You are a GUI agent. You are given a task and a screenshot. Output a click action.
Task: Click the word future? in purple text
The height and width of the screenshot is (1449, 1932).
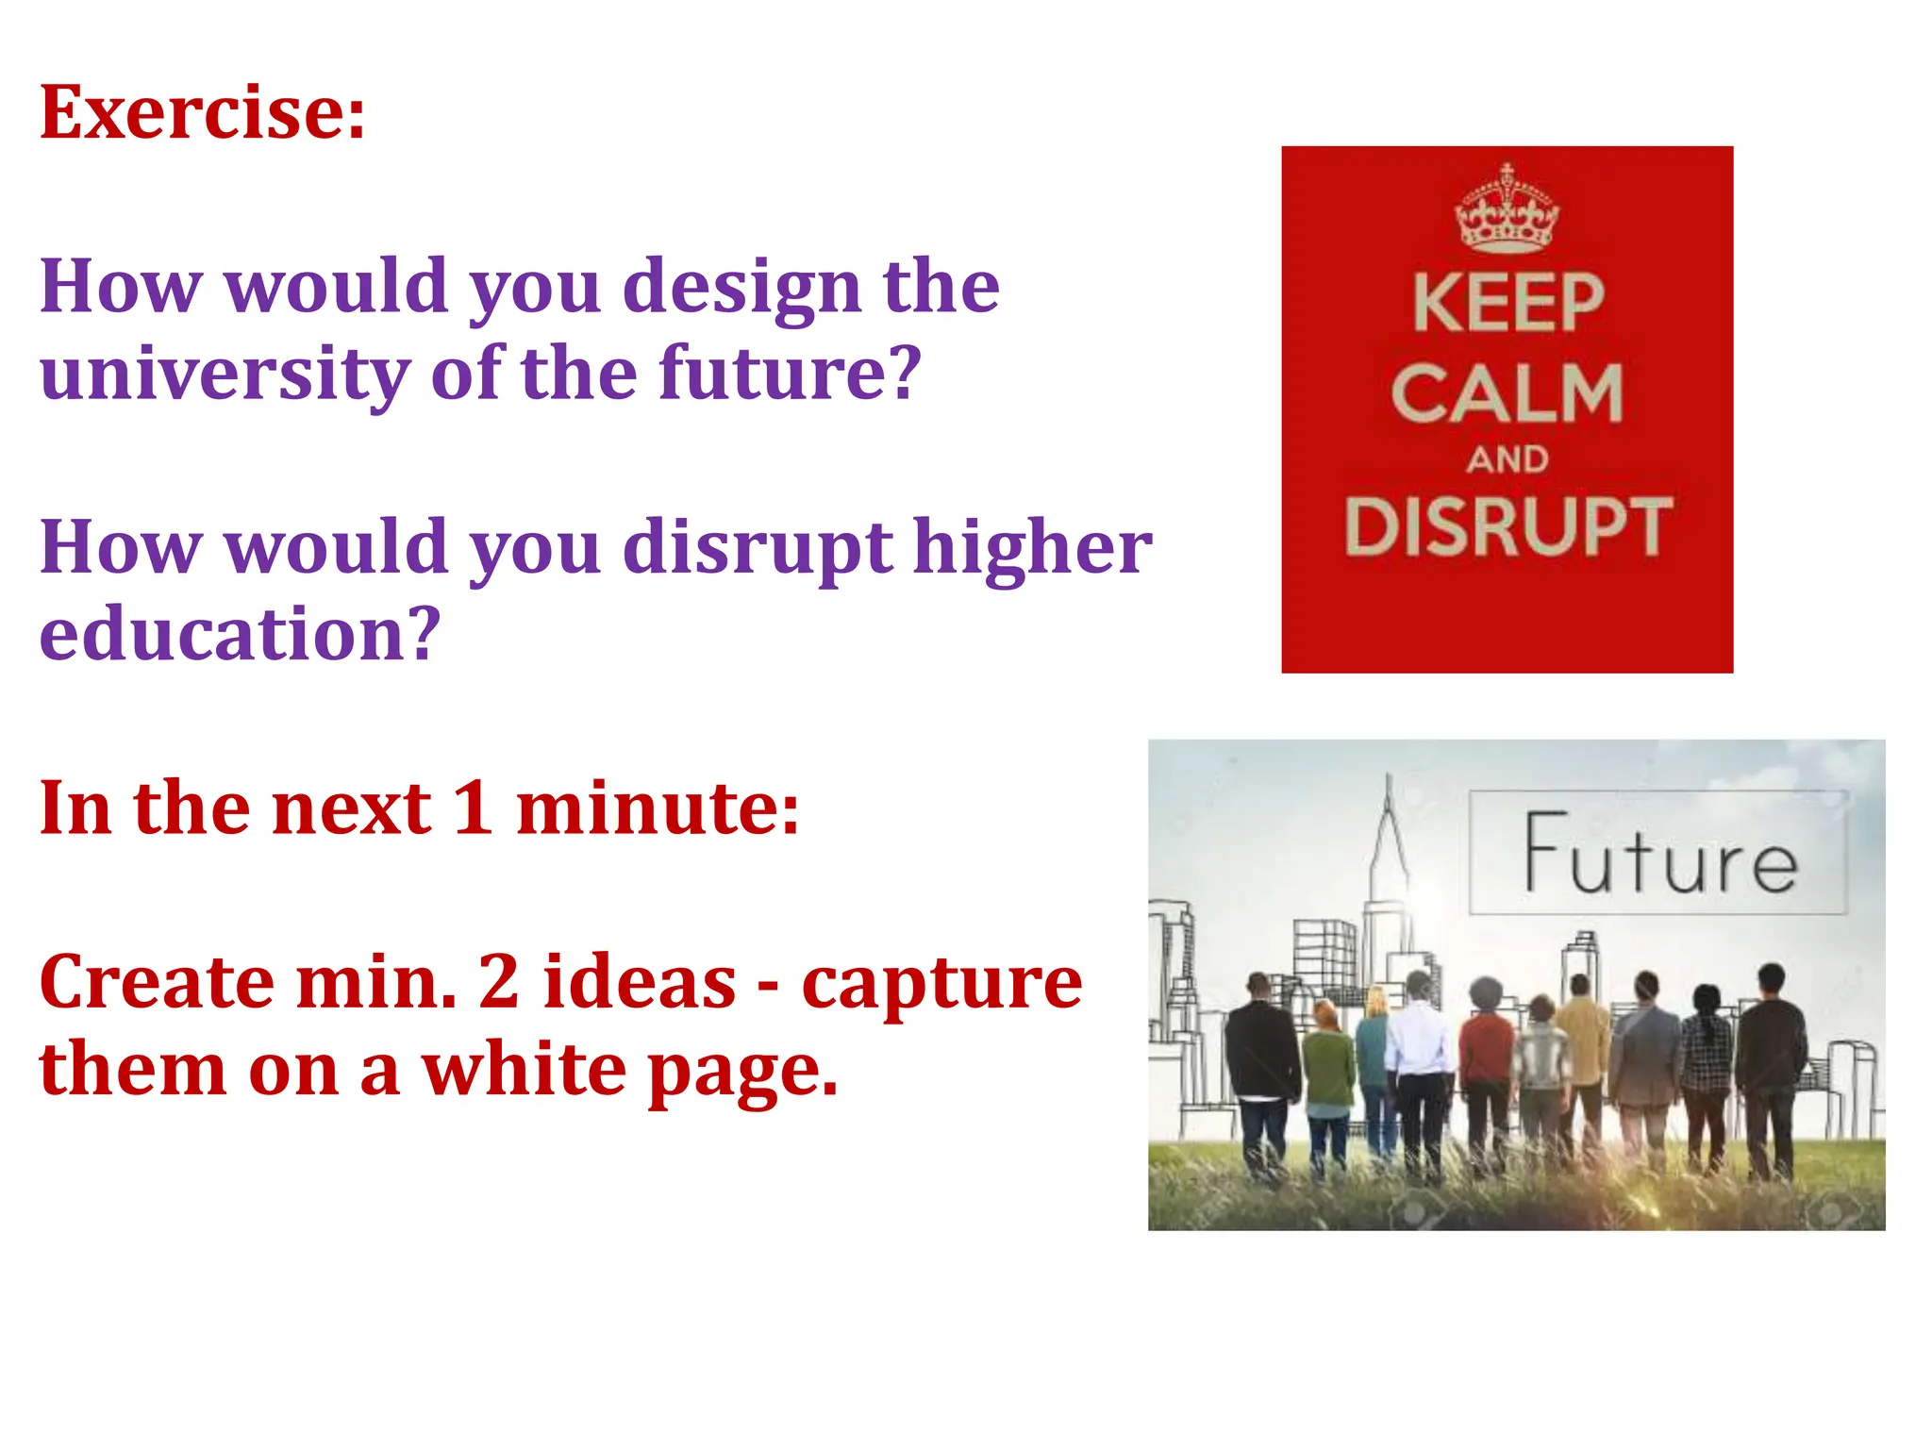coord(789,373)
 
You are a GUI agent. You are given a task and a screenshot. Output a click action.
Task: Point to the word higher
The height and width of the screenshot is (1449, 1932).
coord(1032,548)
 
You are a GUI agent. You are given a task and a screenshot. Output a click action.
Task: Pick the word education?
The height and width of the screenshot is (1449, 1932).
coord(240,634)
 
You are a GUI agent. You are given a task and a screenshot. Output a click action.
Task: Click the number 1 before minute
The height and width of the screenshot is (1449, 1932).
coord(473,808)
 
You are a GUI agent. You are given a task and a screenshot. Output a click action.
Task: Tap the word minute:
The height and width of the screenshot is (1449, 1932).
coord(658,808)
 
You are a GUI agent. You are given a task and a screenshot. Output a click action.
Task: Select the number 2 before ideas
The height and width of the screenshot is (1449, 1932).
coord(499,982)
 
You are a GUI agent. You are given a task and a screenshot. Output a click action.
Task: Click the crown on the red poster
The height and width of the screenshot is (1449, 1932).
coord(1507,209)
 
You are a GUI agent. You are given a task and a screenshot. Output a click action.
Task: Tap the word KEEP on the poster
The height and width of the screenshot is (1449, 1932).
coord(1507,304)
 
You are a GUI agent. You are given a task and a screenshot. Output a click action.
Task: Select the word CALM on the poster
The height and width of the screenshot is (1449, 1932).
coord(1507,394)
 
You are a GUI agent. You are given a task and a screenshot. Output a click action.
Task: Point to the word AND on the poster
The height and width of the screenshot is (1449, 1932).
coord(1507,460)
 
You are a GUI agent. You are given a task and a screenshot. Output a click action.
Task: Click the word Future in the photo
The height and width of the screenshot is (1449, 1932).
coord(1660,855)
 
